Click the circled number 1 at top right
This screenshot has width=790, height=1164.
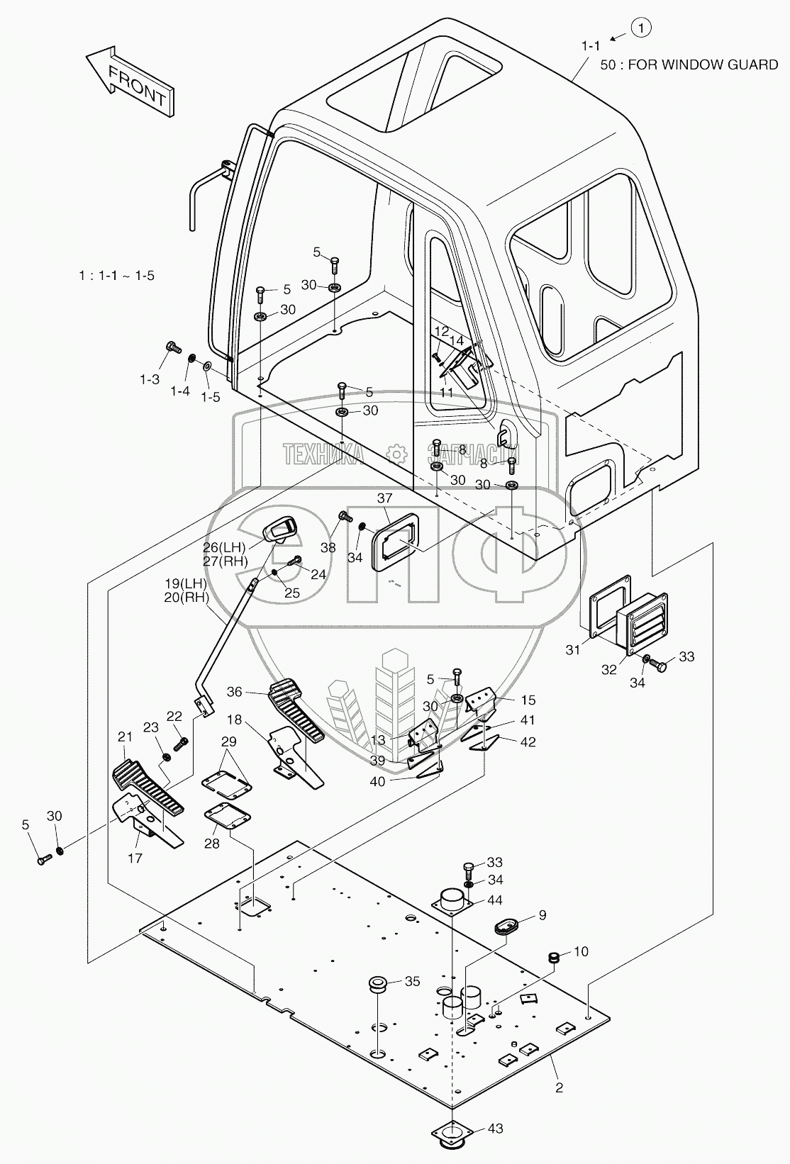tap(640, 28)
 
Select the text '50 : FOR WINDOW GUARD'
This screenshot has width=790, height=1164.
tap(689, 65)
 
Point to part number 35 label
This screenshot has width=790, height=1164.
tap(412, 982)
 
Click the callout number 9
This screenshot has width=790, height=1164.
tap(543, 915)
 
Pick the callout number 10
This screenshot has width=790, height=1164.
tap(581, 952)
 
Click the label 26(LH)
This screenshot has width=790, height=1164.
tap(223, 548)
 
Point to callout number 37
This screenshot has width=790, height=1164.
tap(384, 498)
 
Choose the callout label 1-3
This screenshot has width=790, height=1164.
tap(149, 379)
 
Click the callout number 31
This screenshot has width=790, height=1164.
tap(573, 649)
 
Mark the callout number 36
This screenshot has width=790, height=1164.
tap(235, 692)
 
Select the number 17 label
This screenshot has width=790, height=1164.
tap(135, 858)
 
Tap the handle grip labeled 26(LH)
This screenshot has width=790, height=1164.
tap(280, 530)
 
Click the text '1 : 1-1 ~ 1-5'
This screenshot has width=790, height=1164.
tap(116, 275)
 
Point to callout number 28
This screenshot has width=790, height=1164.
tap(211, 844)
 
